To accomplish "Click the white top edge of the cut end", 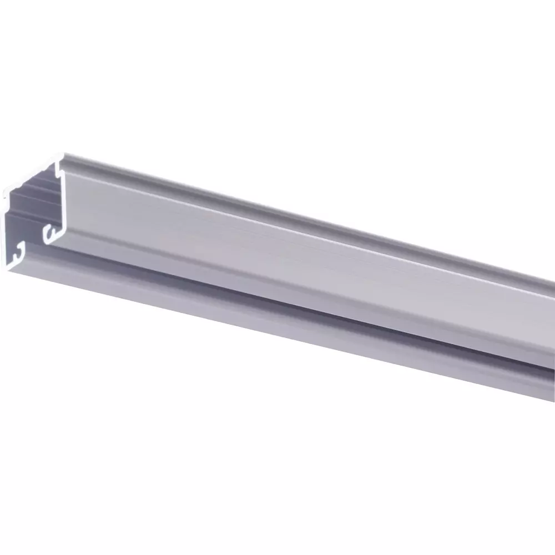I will (x=33, y=173).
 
